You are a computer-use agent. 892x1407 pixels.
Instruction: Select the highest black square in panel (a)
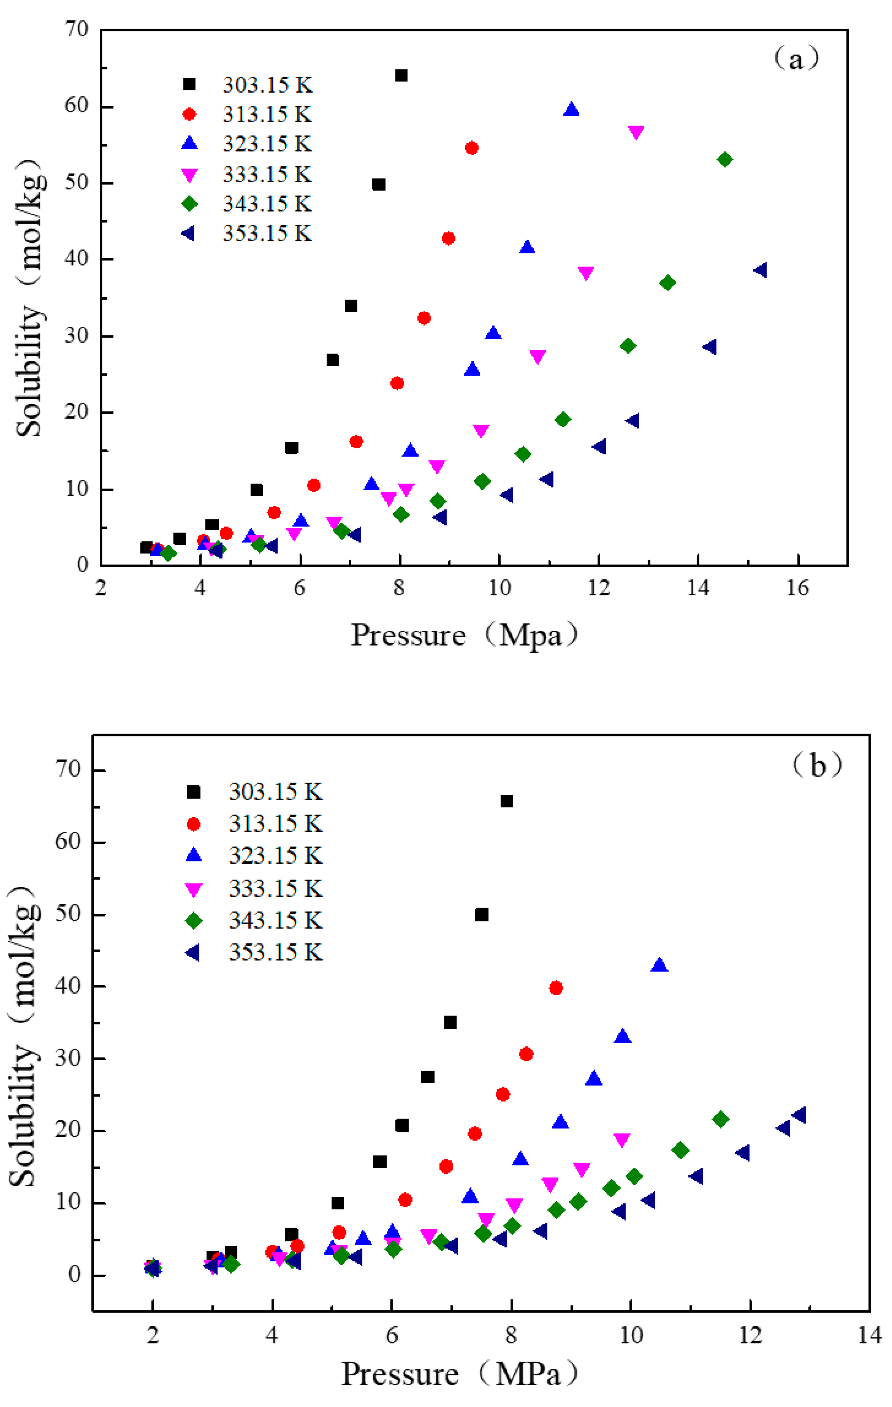(x=401, y=76)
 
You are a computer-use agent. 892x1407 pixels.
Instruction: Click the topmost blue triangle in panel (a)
(x=571, y=109)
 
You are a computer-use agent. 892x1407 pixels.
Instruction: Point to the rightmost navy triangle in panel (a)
(x=761, y=270)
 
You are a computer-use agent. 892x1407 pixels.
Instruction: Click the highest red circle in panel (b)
(x=556, y=988)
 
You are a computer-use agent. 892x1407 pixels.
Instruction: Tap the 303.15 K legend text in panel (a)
(x=268, y=85)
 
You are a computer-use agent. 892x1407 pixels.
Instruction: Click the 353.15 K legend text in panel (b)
(x=275, y=952)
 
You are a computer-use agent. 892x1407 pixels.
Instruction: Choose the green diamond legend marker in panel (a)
(x=189, y=203)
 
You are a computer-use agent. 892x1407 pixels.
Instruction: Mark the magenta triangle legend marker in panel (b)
(x=193, y=889)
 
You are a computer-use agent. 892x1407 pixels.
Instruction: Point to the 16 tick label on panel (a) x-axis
(x=797, y=588)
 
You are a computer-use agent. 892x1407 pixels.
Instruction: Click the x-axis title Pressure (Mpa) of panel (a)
(x=464, y=635)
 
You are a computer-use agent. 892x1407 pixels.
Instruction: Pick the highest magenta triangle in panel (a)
(x=636, y=132)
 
